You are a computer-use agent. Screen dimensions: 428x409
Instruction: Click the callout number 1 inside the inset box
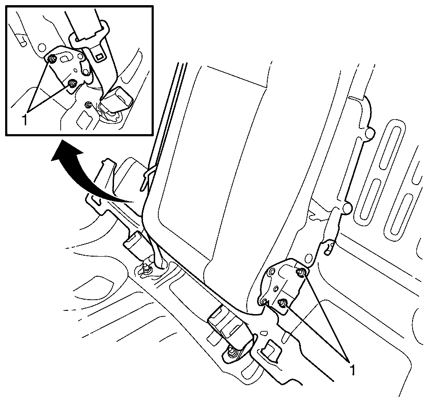[25, 120]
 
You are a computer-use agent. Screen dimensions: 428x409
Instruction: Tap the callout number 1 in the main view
[353, 370]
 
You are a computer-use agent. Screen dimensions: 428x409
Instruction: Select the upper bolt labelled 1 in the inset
[51, 59]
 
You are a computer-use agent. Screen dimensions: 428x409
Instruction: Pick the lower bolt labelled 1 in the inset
[72, 84]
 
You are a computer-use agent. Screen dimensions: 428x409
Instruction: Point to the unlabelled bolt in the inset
[88, 105]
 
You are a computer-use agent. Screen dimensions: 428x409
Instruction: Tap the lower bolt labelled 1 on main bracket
[282, 302]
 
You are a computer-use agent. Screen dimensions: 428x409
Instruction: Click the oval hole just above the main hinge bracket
[308, 258]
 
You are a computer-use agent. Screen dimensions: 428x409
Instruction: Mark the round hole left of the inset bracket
[42, 48]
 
